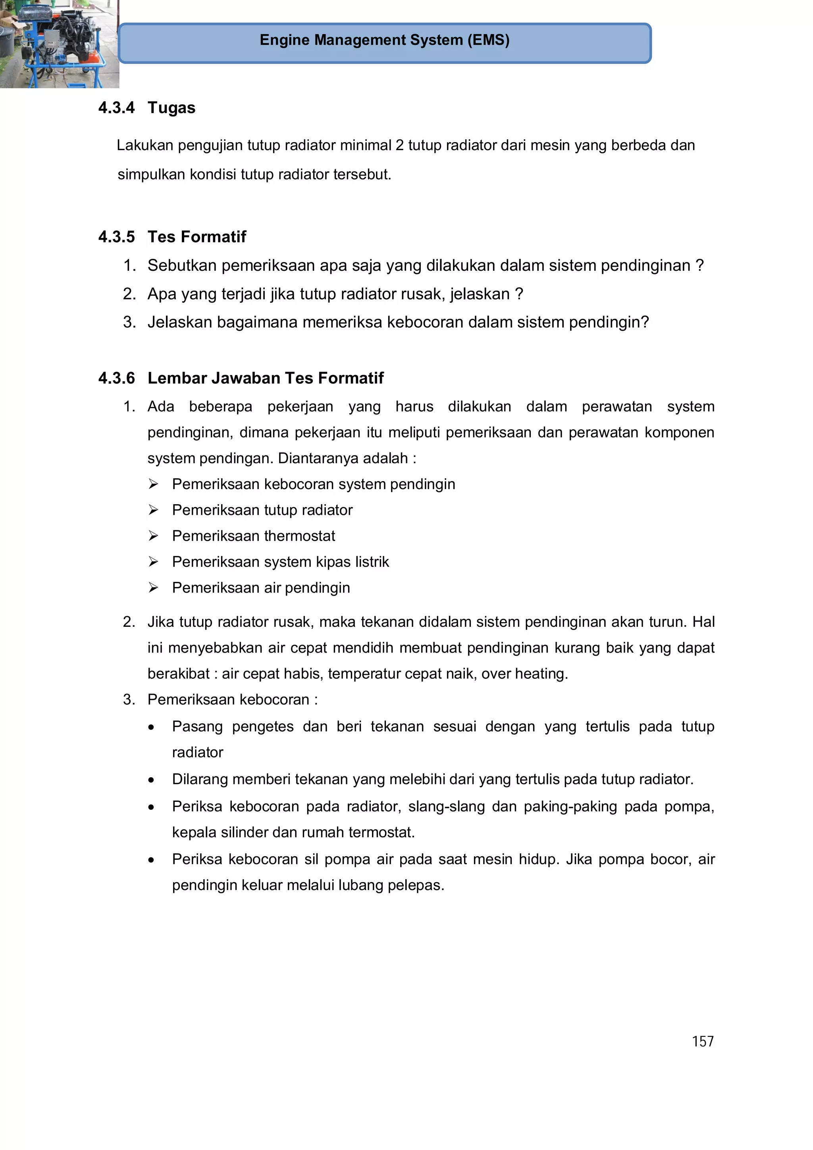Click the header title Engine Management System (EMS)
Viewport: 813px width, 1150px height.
point(384,40)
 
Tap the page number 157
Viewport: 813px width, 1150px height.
point(702,1041)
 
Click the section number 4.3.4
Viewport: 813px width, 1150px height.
point(116,108)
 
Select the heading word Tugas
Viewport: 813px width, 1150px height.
point(171,108)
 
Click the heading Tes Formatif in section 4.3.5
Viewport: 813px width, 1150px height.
point(197,237)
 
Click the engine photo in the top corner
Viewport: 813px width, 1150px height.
point(59,44)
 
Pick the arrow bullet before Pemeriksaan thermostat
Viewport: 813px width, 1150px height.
point(153,536)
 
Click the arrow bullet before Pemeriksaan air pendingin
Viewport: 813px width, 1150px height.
point(153,588)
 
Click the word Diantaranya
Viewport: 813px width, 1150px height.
point(318,458)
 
